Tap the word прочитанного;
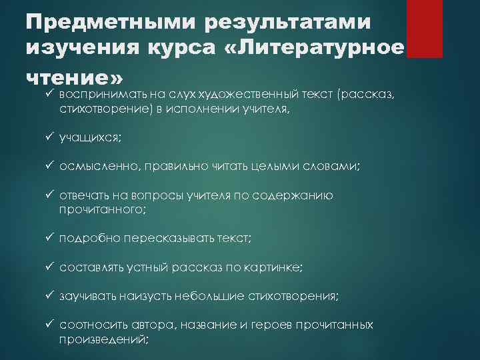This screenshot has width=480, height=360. click(101, 209)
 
